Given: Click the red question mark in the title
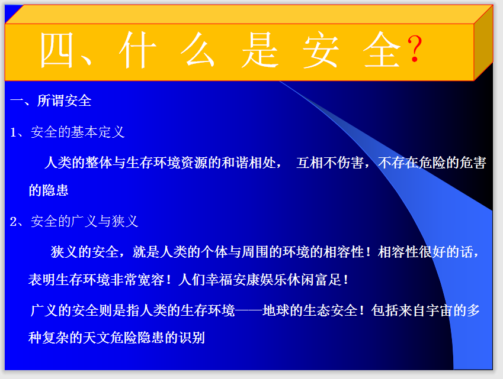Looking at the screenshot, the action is coord(415,49).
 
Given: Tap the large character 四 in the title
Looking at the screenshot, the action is coord(56,50).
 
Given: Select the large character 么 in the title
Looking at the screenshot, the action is coord(198,50).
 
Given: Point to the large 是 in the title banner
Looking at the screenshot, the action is coord(259,50).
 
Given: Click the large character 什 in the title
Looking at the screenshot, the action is coord(137,50).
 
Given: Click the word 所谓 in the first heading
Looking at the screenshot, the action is coord(51,101).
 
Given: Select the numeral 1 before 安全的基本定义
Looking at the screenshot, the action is coord(13,132).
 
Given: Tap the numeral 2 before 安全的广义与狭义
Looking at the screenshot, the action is coord(14,222).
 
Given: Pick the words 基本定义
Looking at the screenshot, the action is coord(98,132).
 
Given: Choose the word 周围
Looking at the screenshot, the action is coord(255,252).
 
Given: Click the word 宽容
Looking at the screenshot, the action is coord(151,280).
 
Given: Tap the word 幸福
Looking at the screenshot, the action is coord(219,280).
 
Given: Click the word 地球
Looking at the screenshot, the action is coord(276,310).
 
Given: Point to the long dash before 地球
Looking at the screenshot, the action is coord(249,310).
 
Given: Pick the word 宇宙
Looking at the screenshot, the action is coord(439,310).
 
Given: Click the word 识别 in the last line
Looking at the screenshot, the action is coord(192,338).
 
